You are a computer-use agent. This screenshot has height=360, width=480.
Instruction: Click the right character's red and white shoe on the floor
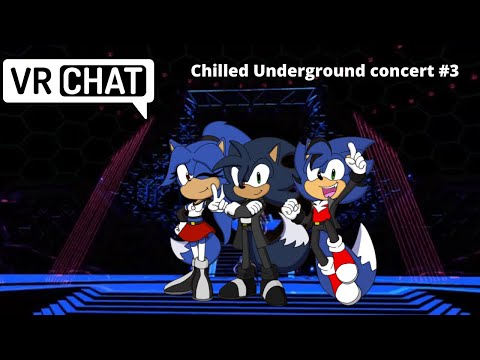345,290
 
